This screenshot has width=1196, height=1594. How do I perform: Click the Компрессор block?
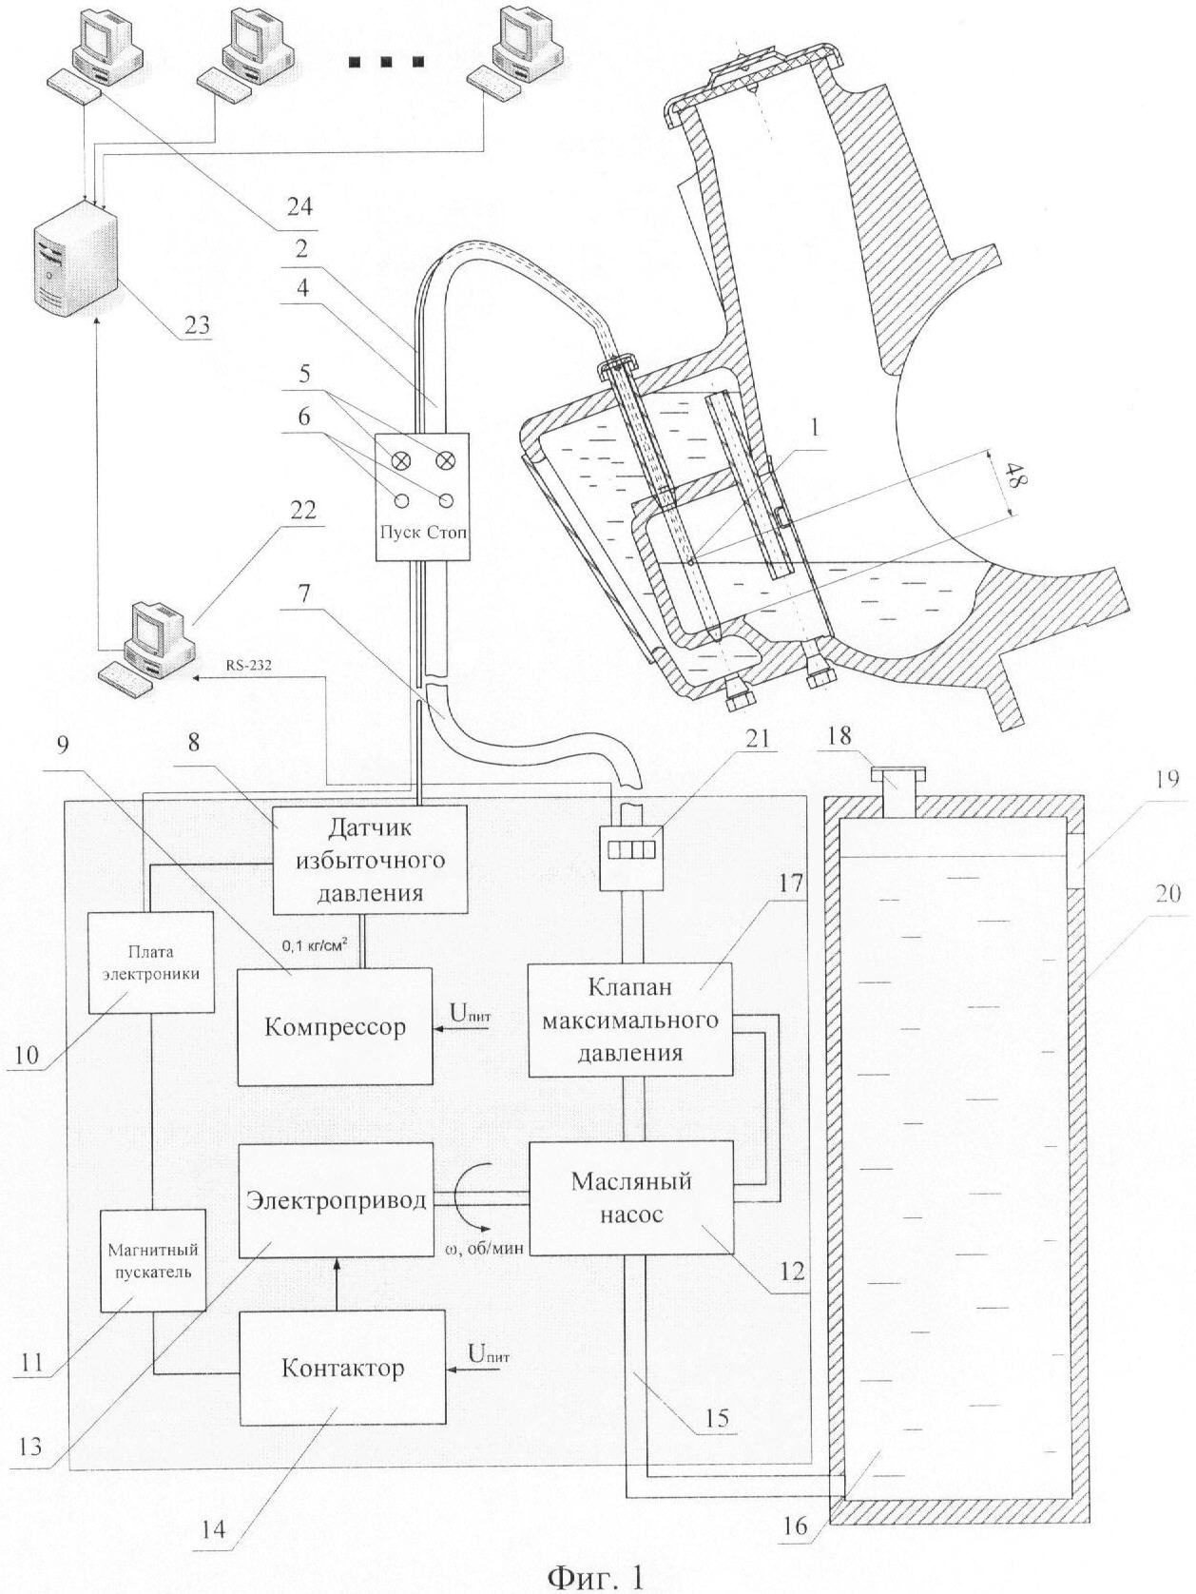pyautogui.click(x=335, y=1026)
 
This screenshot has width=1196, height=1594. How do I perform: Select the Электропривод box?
pyautogui.click(x=335, y=1199)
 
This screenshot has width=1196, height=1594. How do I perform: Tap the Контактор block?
pyautogui.click(x=342, y=1367)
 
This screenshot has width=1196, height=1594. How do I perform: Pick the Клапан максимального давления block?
pyautogui.click(x=629, y=1021)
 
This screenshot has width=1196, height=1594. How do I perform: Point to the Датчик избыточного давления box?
pyautogui.click(x=370, y=860)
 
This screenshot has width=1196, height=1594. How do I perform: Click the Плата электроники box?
pyautogui.click(x=150, y=962)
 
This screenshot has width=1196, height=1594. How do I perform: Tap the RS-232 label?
pyautogui.click(x=249, y=666)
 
